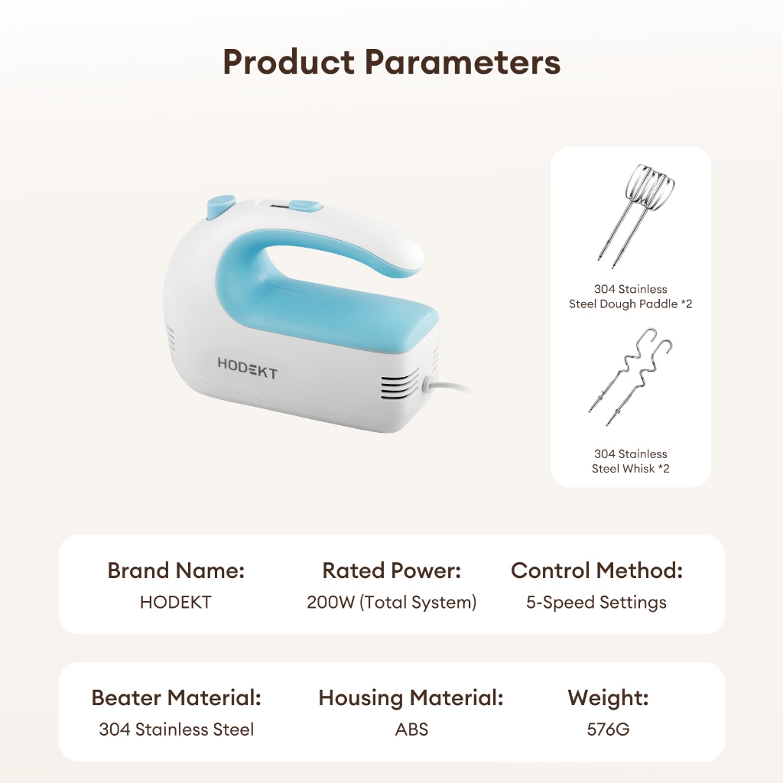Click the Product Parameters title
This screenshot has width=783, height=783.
click(391, 63)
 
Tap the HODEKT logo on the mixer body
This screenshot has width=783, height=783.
click(247, 368)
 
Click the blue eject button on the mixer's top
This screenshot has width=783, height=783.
click(219, 206)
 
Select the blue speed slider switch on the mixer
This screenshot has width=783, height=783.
click(304, 206)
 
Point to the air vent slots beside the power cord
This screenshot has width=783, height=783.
click(401, 387)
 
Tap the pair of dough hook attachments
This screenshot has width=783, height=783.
click(630, 377)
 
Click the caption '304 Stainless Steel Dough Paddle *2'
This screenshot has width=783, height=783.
click(631, 297)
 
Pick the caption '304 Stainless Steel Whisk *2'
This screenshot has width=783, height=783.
click(631, 461)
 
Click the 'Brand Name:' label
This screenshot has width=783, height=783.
click(177, 570)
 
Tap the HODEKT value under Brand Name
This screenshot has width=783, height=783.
click(176, 603)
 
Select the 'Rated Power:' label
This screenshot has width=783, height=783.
click(391, 570)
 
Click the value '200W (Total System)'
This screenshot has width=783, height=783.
click(391, 603)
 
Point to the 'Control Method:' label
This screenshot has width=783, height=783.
click(596, 570)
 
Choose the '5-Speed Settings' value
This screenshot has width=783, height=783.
click(596, 603)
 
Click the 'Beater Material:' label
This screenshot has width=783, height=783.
click(177, 697)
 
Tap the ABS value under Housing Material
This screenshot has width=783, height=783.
click(411, 729)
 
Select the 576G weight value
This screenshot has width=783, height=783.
click(608, 729)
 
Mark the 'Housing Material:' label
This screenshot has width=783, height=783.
click(411, 698)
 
